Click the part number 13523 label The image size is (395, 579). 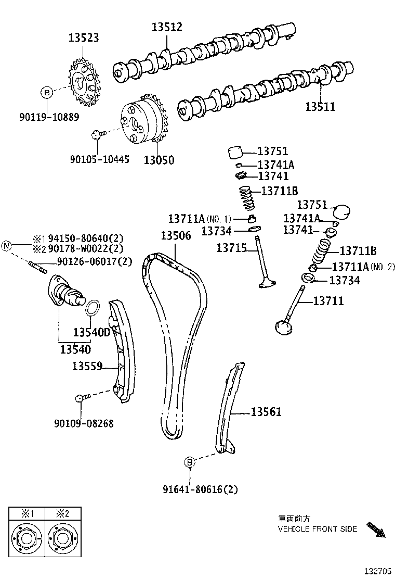[x=83, y=37]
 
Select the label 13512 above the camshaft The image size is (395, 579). [x=167, y=28]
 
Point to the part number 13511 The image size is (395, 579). [x=320, y=107]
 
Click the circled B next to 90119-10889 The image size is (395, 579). [x=47, y=93]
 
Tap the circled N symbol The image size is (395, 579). [x=7, y=245]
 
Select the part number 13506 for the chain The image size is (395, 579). [x=176, y=235]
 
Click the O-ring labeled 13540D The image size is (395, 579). [x=91, y=308]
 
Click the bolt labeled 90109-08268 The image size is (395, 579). [x=81, y=398]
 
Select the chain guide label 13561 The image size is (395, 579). [x=266, y=412]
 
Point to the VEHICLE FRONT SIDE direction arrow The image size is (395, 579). [x=376, y=530]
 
